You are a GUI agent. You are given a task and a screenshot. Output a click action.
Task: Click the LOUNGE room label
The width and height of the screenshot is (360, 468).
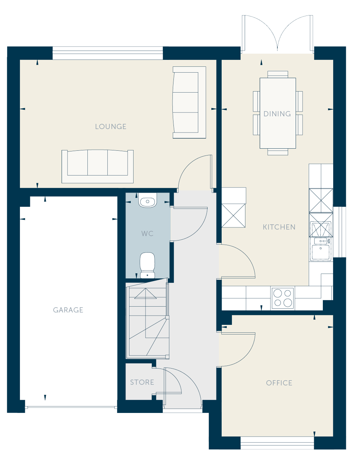(x=111, y=126)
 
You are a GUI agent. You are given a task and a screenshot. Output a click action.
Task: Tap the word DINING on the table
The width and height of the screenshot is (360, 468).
(x=277, y=114)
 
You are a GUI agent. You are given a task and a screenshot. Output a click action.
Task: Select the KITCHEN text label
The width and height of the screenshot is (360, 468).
(x=279, y=227)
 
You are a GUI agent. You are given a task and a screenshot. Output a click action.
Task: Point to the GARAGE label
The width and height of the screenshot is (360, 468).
(x=68, y=310)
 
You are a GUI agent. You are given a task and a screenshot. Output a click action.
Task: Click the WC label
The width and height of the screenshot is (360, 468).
(x=147, y=233)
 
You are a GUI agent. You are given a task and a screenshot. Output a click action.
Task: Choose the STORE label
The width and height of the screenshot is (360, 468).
(x=142, y=382)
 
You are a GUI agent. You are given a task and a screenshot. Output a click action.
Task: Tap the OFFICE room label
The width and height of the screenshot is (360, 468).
(x=279, y=383)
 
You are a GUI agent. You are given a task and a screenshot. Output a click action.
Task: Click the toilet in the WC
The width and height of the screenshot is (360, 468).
(x=148, y=265)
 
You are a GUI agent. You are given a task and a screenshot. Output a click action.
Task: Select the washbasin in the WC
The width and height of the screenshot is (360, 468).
(x=148, y=200)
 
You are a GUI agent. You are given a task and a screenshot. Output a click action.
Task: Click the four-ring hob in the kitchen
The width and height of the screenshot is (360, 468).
(x=283, y=298)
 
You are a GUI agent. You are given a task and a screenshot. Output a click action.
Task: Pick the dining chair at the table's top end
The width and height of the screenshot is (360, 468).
(x=278, y=74)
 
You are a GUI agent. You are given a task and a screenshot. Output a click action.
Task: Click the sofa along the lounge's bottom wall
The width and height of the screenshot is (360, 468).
(x=97, y=167)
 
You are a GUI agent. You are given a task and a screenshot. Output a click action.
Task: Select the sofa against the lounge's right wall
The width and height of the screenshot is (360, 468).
(x=190, y=102)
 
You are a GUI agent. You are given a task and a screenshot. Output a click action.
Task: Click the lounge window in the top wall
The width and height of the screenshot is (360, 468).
(x=108, y=53)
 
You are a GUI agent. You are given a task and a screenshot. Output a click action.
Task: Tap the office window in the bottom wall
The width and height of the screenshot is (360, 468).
(x=277, y=443)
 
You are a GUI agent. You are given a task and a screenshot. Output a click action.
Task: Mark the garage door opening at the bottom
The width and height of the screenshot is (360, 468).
(x=71, y=407)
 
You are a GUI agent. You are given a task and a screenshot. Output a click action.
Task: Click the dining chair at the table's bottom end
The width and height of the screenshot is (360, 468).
(x=278, y=152)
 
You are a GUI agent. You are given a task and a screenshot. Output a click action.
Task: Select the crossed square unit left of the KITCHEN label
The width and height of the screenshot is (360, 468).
(x=233, y=216)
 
